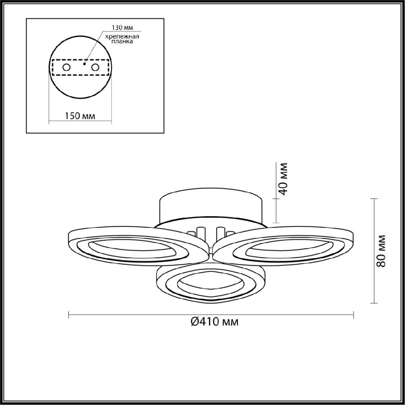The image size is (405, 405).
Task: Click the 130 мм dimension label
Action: pos(122,28)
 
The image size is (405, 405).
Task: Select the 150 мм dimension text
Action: pos(80,116)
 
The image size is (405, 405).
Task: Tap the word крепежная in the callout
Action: pos(122,36)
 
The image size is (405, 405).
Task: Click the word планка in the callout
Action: pos(122,42)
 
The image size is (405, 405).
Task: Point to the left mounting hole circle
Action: pos(66,67)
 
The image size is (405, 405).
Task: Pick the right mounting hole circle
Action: pos(95,67)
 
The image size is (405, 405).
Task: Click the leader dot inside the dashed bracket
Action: pos(84,64)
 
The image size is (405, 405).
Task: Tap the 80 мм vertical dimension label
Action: pos(381,251)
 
